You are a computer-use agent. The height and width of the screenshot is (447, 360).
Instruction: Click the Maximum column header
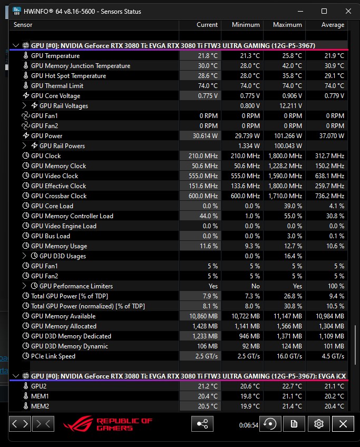pyautogui.click(x=287, y=25)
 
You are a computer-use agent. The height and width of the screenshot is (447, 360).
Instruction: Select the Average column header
pyautogui.click(x=333, y=25)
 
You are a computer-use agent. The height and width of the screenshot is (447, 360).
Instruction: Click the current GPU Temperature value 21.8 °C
pyautogui.click(x=208, y=55)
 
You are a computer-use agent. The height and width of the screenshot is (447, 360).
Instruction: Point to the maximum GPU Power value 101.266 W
pyautogui.click(x=288, y=135)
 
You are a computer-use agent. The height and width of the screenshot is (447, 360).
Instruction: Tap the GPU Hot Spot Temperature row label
pyautogui.click(x=69, y=76)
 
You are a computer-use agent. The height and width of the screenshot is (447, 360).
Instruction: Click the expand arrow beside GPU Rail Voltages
pyautogui.click(x=25, y=106)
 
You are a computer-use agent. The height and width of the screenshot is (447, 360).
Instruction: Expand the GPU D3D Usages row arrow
pyautogui.click(x=25, y=256)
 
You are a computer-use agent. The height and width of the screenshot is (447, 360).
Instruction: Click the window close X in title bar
pyautogui.click(x=348, y=11)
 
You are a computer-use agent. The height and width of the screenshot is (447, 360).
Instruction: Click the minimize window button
pyautogui.click(x=300, y=12)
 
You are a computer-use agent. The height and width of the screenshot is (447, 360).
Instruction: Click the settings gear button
pyautogui.click(x=319, y=424)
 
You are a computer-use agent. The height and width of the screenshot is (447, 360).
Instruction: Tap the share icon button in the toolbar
pyautogui.click(x=202, y=424)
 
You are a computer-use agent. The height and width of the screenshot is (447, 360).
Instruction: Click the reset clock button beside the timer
pyautogui.click(x=270, y=424)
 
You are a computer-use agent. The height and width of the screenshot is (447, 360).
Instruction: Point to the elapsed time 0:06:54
pyautogui.click(x=249, y=425)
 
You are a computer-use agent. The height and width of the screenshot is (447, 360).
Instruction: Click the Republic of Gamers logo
pyautogui.click(x=108, y=424)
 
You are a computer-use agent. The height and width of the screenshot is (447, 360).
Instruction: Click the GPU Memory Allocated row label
pyautogui.click(x=64, y=326)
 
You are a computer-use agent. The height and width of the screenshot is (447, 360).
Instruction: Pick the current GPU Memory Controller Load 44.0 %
pyautogui.click(x=208, y=216)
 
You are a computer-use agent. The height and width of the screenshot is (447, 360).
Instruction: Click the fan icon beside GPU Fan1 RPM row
pyautogui.click(x=26, y=116)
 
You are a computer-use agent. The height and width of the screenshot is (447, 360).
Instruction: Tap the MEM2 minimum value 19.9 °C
pyautogui.click(x=250, y=406)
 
